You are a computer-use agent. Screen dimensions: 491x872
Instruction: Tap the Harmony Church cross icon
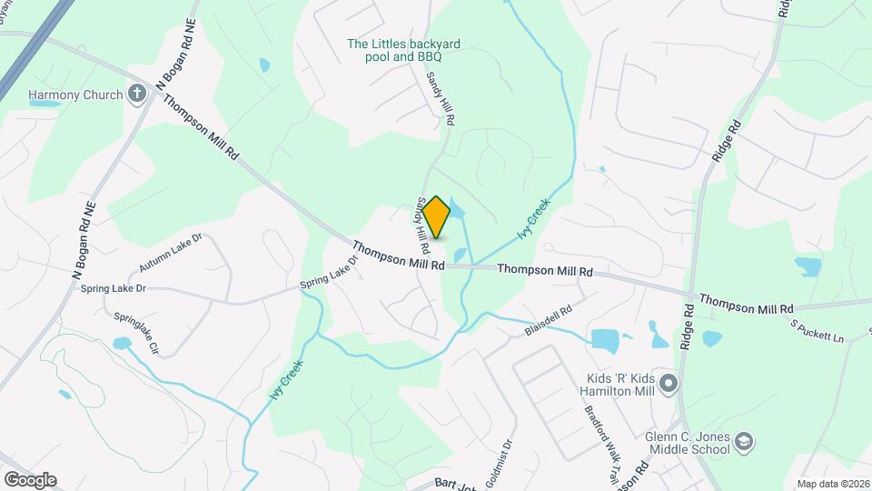click(x=137, y=93)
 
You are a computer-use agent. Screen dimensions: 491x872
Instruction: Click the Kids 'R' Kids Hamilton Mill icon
click(x=669, y=384)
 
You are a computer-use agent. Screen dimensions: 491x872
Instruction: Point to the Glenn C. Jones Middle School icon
click(x=745, y=442)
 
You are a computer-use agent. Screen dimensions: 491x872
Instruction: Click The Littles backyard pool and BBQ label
click(x=403, y=49)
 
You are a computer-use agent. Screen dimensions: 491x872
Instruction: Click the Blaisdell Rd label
click(x=548, y=321)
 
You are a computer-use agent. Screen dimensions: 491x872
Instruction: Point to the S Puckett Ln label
click(x=817, y=331)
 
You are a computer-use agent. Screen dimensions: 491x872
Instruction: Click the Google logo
click(x=29, y=480)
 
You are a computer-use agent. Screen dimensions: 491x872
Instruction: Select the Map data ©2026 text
click(x=832, y=484)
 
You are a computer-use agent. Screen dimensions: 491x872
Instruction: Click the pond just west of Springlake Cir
click(x=121, y=344)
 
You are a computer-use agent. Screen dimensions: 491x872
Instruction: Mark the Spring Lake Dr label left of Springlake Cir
click(x=114, y=289)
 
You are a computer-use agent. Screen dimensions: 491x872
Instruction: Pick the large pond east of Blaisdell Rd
click(x=605, y=340)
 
